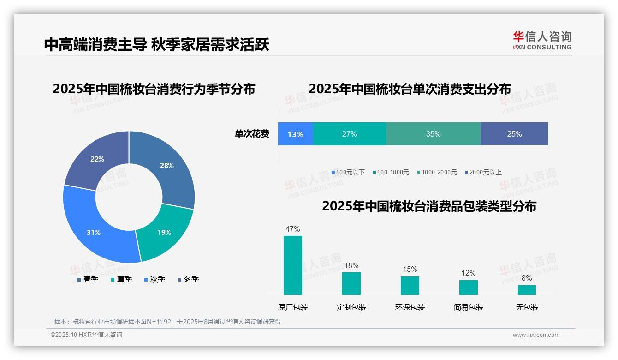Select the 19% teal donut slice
(164, 232)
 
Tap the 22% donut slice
(97, 159)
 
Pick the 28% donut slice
(166, 166)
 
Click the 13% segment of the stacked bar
(295, 134)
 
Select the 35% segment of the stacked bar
(433, 134)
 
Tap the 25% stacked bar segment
(514, 134)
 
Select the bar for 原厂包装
(293, 265)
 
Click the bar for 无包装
(527, 290)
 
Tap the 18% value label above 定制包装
(351, 265)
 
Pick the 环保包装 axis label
(410, 307)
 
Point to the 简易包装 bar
(469, 287)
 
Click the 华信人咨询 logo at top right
(542, 40)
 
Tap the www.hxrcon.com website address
(536, 335)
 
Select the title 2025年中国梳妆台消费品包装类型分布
(429, 206)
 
